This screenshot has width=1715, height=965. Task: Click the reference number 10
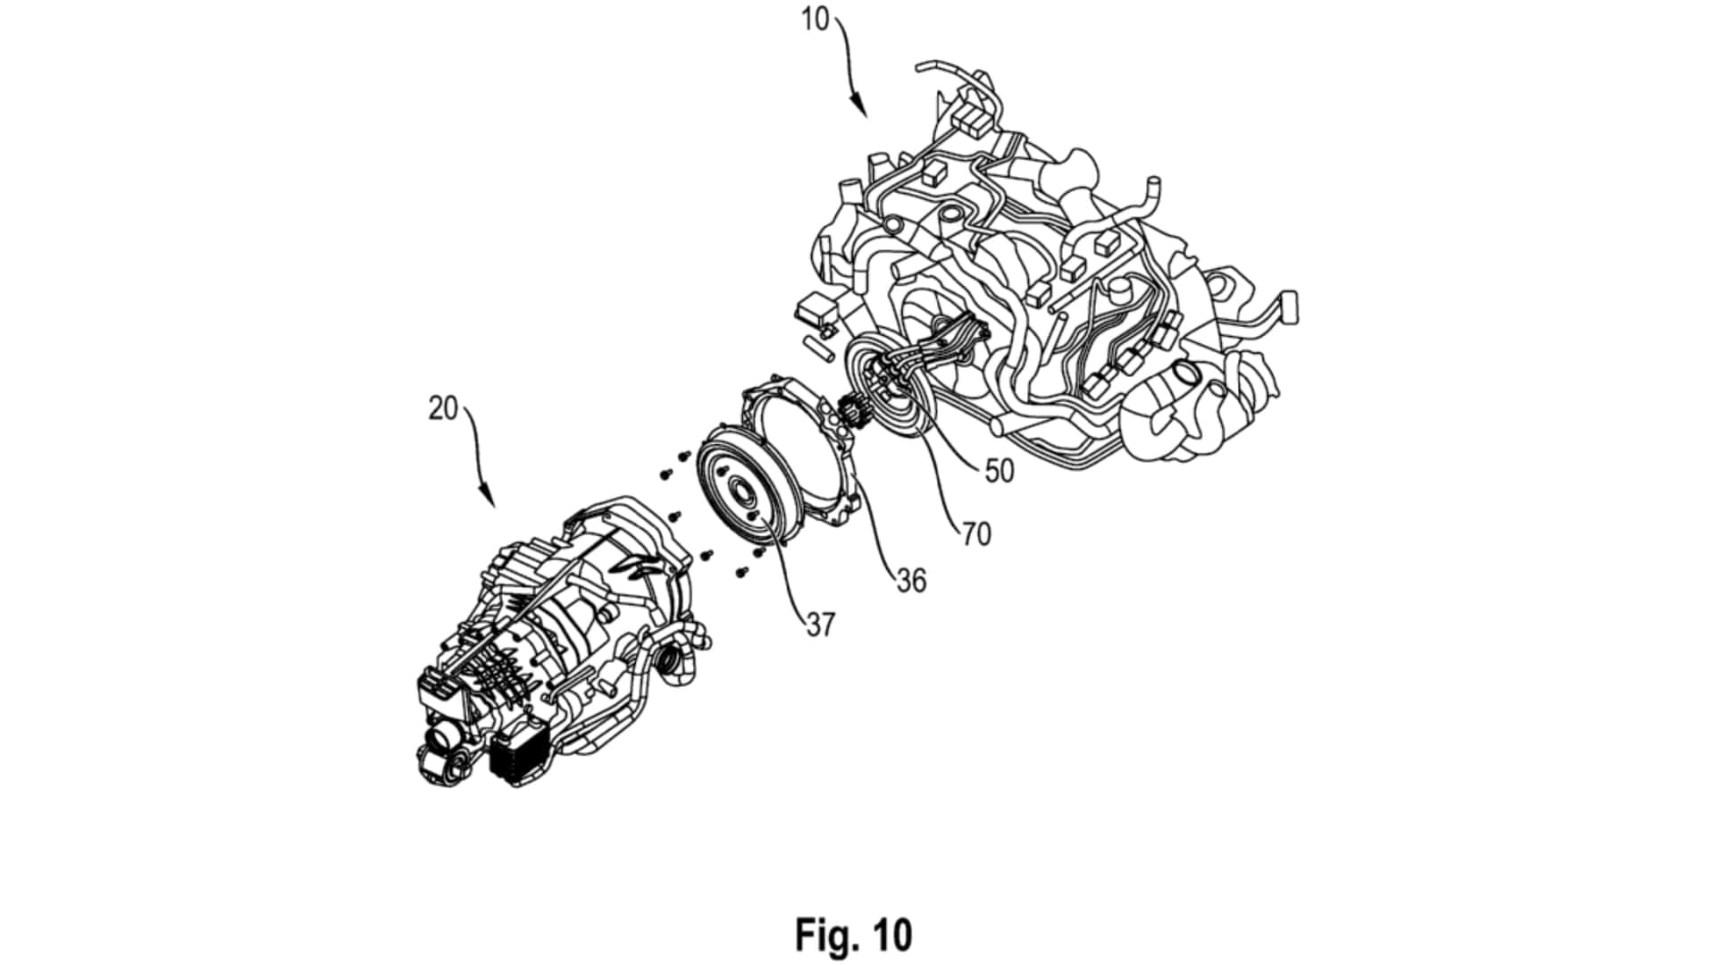pyautogui.click(x=815, y=19)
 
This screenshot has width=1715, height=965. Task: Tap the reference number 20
pyautogui.click(x=443, y=408)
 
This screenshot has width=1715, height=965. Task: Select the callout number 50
pyautogui.click(x=1000, y=471)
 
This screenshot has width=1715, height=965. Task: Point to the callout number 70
pyautogui.click(x=976, y=534)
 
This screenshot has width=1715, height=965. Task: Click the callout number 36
pyautogui.click(x=911, y=581)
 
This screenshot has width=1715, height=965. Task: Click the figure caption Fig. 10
pyautogui.click(x=854, y=935)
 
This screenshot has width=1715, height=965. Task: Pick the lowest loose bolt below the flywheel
pyautogui.click(x=742, y=570)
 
